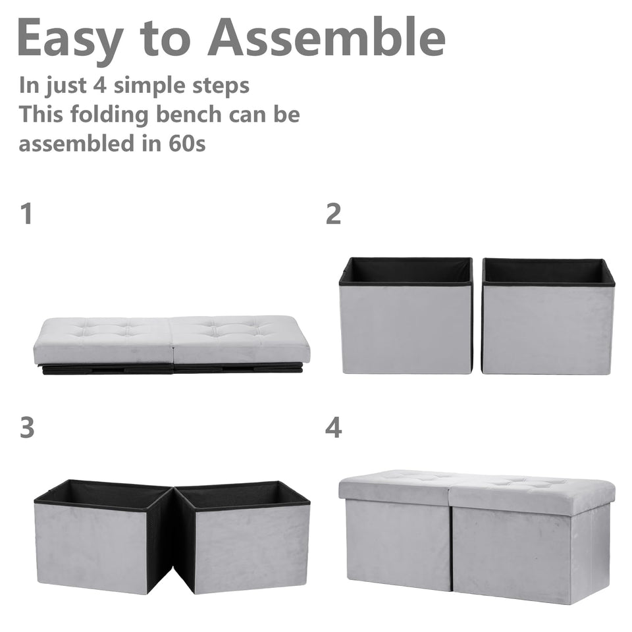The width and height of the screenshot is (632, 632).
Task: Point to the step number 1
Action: coord(26,214)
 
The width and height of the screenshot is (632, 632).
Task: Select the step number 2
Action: coord(334,214)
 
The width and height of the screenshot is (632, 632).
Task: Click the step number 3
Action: coord(26,428)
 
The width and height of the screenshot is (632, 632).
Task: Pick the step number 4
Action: coord(334,428)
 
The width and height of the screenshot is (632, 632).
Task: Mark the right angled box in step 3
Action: coord(247,546)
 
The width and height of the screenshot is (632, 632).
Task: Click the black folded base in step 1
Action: coord(171,369)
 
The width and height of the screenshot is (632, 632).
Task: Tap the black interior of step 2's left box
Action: coord(406,270)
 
